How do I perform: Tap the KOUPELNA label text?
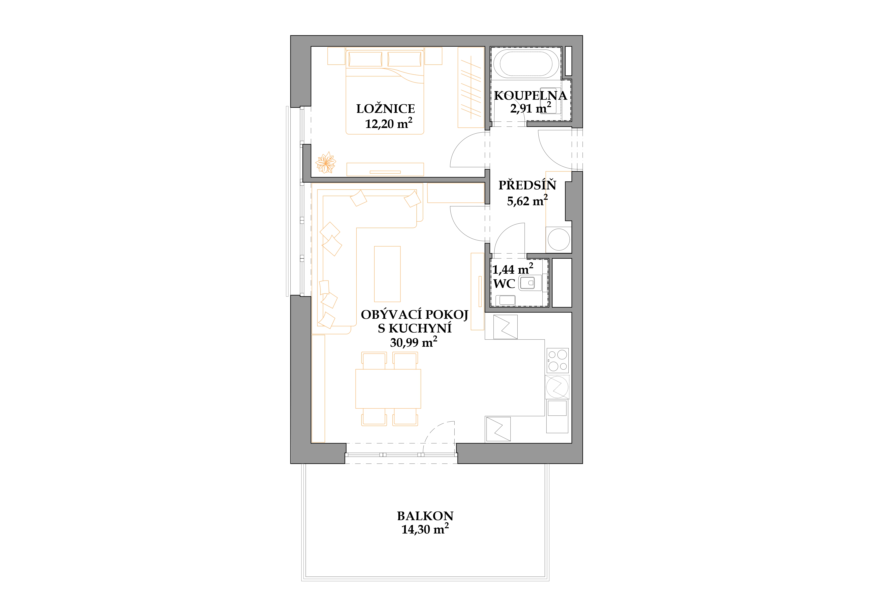click(530, 96)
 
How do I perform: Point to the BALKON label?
click(425, 516)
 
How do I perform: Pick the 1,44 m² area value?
click(512, 269)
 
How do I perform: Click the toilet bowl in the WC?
click(527, 283)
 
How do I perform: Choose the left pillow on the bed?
click(365, 59)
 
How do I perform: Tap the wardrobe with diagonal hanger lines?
click(471, 87)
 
